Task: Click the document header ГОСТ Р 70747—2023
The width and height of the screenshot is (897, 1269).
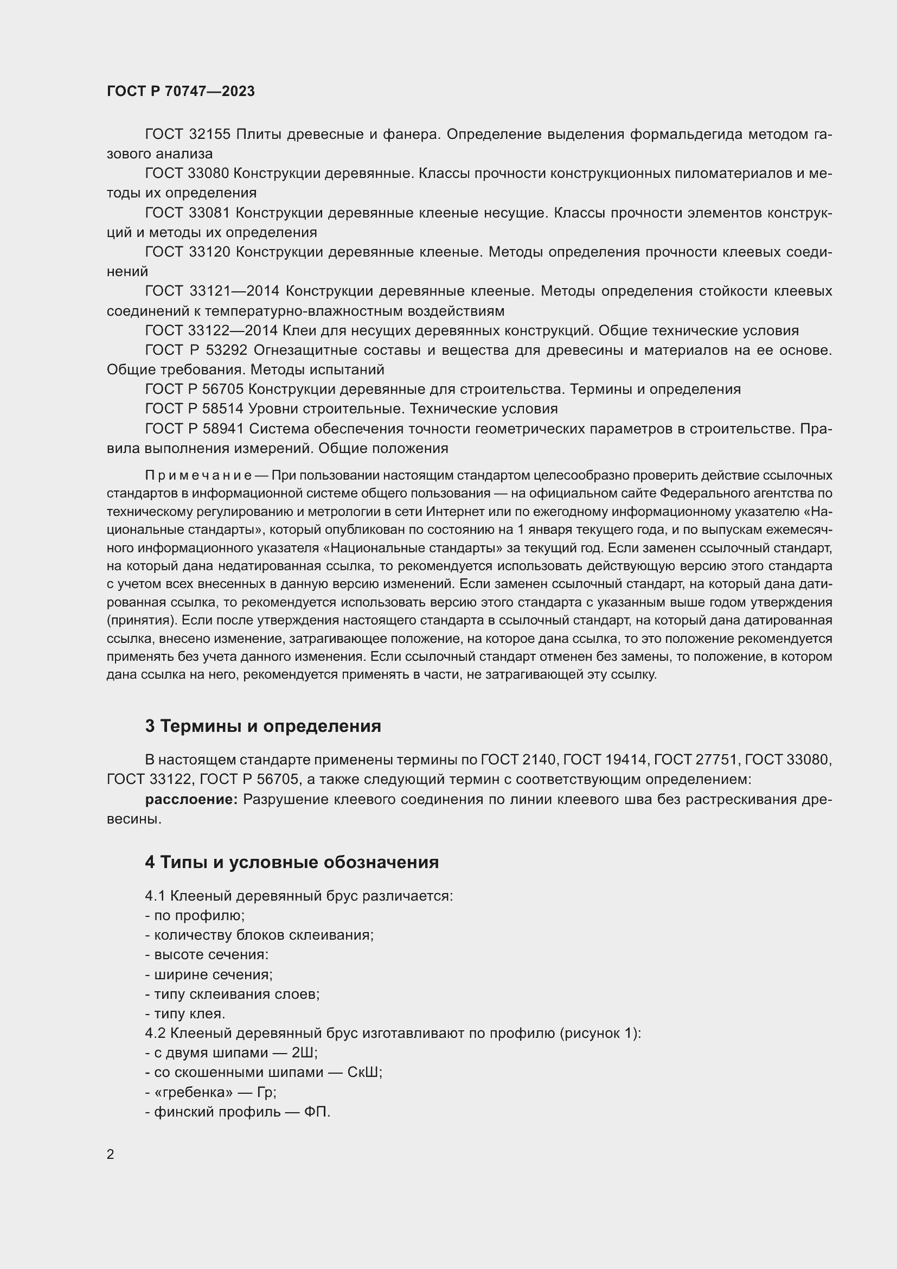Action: tap(181, 91)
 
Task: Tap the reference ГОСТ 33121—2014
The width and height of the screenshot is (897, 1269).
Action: tap(213, 291)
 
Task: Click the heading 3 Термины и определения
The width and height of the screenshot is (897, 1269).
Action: tap(263, 726)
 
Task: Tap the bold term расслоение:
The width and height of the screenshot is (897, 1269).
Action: tap(191, 800)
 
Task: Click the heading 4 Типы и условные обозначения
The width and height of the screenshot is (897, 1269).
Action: tap(292, 862)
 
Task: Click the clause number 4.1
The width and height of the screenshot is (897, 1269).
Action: tap(155, 896)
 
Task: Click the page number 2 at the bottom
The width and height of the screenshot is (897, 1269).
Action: tap(111, 1155)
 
